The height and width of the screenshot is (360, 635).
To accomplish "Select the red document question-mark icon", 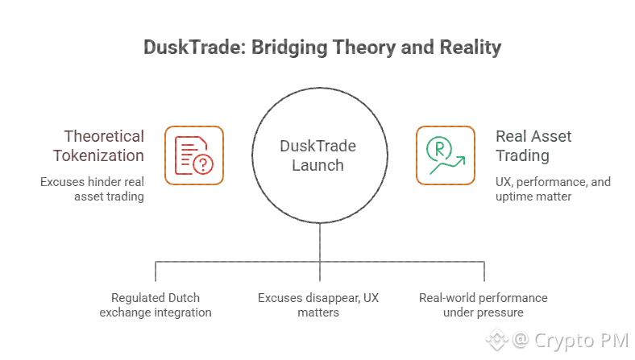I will [x=194, y=155].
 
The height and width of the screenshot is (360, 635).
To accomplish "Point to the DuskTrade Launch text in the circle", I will [x=317, y=155].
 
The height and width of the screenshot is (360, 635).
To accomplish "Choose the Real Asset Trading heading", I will [x=533, y=146].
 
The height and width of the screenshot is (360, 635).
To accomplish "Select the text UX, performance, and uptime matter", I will [x=553, y=189].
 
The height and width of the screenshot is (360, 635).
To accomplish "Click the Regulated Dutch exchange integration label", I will [x=156, y=305].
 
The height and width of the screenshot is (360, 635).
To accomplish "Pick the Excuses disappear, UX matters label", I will [x=318, y=305].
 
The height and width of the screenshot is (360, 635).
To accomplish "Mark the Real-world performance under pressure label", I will [x=483, y=305].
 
